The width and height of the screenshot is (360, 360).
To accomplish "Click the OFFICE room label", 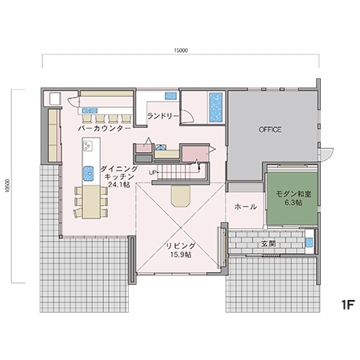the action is point(270,130).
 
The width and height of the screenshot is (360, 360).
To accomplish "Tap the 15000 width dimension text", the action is point(181,50).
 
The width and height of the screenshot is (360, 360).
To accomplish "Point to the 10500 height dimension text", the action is point(7,186).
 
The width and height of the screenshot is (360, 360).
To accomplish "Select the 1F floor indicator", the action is point(347,305).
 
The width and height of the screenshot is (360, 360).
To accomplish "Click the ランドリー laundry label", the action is point(162,116).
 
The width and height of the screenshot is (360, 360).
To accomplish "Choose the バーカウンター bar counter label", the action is point(105,129).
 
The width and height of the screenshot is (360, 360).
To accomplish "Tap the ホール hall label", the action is point(246,206).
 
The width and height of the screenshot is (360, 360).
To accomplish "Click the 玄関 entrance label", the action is point(268,244).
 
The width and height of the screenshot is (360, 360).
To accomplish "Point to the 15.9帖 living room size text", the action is point(181,254).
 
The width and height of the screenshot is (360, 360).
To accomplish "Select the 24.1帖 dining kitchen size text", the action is point(119,184).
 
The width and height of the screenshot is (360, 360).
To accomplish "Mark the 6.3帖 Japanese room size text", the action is point(294,202).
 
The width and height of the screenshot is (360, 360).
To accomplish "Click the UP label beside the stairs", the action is point(153,173).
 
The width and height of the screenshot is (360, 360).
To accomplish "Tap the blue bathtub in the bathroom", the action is point(216,107).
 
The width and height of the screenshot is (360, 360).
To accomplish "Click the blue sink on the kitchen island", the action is point(88,174).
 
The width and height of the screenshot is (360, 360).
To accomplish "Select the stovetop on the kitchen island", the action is point(88,146).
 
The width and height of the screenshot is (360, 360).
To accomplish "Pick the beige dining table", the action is point(91,202).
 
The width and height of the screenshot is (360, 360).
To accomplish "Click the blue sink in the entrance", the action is point(309,242).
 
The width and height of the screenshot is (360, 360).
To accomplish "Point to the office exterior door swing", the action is point(327,154).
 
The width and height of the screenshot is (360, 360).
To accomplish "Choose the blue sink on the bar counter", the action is point(90,110).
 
